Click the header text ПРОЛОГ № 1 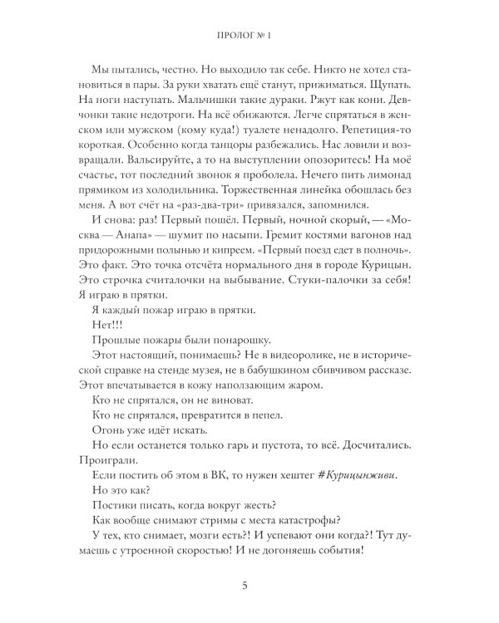[249, 36]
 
